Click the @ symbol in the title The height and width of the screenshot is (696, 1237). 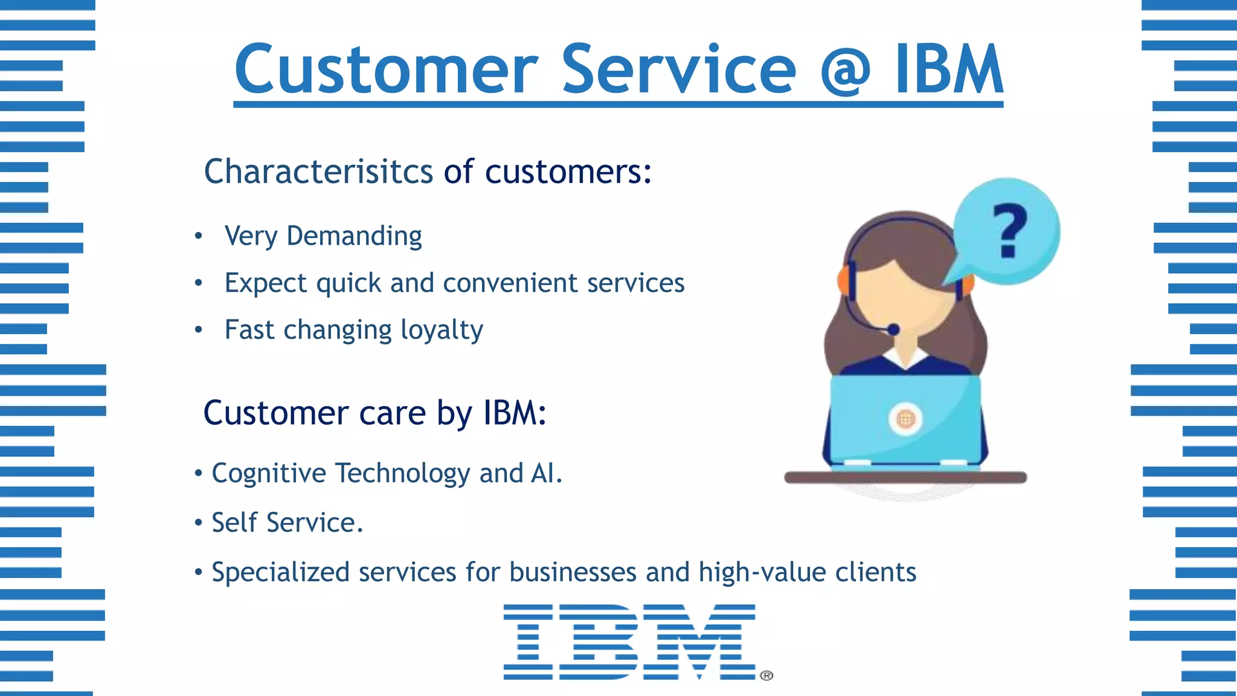pos(845,71)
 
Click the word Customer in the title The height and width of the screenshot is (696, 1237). pos(386,70)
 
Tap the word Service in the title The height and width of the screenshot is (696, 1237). pos(679,70)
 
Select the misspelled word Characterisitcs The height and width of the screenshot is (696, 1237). pos(318,172)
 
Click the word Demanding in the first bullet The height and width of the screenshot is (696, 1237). pos(354,236)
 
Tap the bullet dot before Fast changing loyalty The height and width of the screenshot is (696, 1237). pos(198,330)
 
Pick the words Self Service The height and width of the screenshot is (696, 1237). pos(287,523)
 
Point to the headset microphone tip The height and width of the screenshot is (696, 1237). pos(893,330)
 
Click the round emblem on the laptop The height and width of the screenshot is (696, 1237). pos(905,419)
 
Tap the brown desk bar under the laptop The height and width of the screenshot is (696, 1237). pos(905,478)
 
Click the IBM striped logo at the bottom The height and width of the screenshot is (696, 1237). pos(629,642)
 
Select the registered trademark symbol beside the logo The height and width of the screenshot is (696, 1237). pos(766,675)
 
